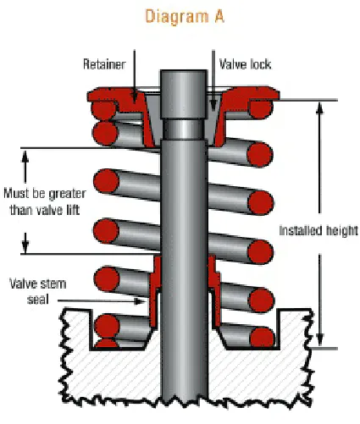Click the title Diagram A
(x=182, y=18)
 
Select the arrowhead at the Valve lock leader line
(x=213, y=109)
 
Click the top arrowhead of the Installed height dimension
(x=320, y=107)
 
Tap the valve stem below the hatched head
(x=181, y=394)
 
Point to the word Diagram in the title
(x=166, y=18)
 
